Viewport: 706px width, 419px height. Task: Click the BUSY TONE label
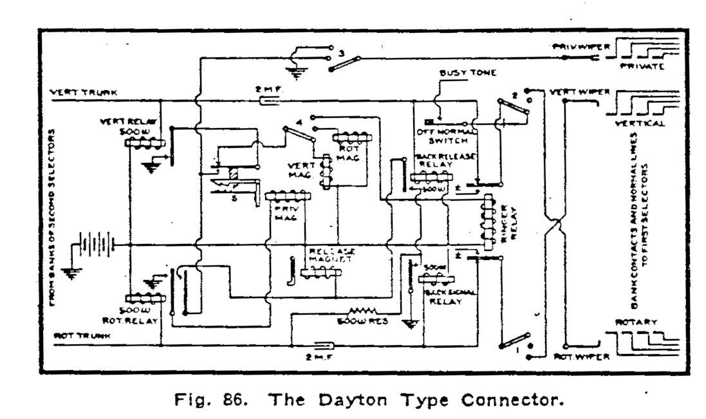point(459,74)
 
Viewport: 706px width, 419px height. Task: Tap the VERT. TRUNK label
point(82,92)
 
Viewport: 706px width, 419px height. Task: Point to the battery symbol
point(97,244)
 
